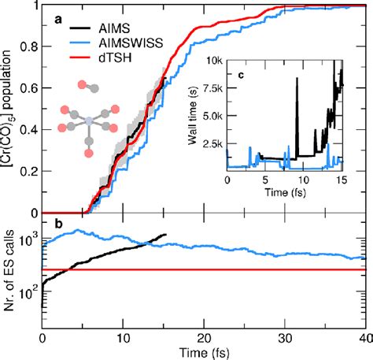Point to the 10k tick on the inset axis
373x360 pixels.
[x=212, y=59]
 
